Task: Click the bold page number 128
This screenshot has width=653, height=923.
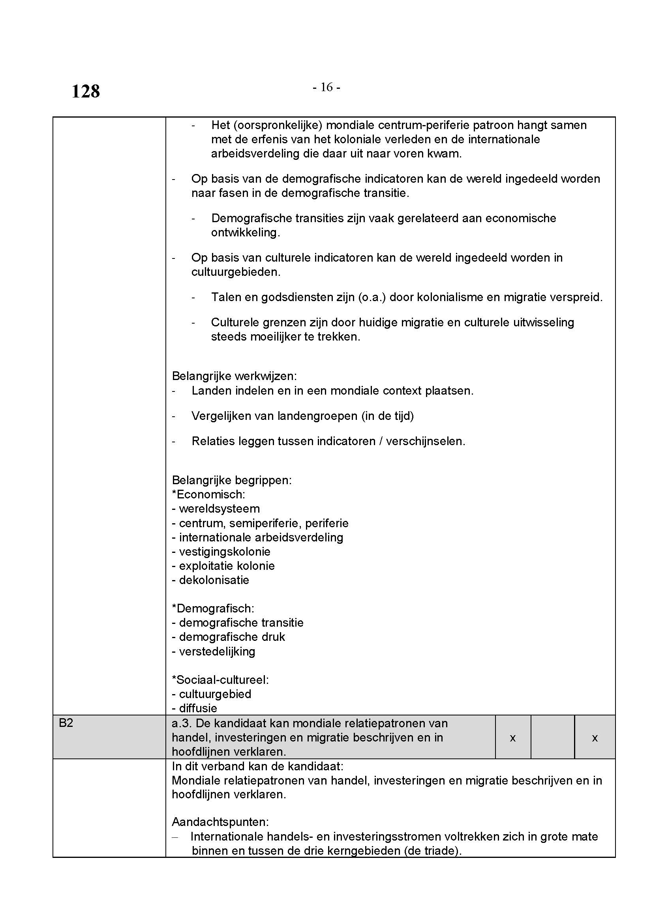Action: (x=86, y=91)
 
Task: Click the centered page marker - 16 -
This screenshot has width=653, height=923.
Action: (x=326, y=87)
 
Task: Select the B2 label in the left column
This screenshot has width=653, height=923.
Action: (x=66, y=723)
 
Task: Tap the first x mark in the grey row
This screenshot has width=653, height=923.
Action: (x=512, y=738)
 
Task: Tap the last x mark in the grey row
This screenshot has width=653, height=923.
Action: (x=595, y=738)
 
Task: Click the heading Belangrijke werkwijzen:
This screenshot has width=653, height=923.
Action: (x=234, y=376)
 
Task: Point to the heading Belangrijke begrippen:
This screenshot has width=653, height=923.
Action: (x=232, y=480)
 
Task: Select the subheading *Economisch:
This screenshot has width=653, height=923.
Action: (x=208, y=494)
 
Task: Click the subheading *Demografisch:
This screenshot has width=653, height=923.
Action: (x=213, y=608)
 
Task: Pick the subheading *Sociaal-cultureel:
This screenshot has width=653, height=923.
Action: (x=220, y=680)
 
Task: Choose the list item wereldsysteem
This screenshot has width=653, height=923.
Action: (x=219, y=509)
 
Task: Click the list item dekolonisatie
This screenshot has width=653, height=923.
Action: (x=214, y=580)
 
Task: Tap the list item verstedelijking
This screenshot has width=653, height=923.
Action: (x=217, y=651)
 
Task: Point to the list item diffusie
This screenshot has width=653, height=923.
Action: (x=198, y=708)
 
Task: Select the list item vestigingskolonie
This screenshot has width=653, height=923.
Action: (x=224, y=552)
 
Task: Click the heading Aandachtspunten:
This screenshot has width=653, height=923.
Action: (x=220, y=822)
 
